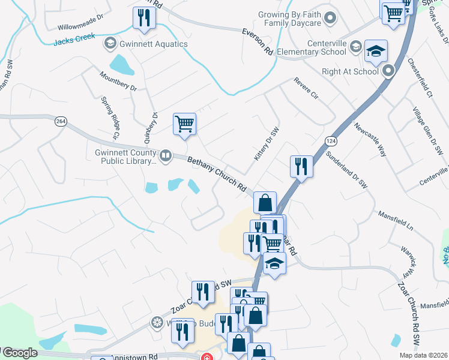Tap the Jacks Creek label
[74, 41]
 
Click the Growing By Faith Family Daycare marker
[329, 19]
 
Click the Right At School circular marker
[388, 71]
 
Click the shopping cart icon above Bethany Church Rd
[184, 124]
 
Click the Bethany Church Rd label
[217, 175]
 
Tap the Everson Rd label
[258, 41]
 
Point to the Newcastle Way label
[370, 140]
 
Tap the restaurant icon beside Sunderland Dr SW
[300, 166]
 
